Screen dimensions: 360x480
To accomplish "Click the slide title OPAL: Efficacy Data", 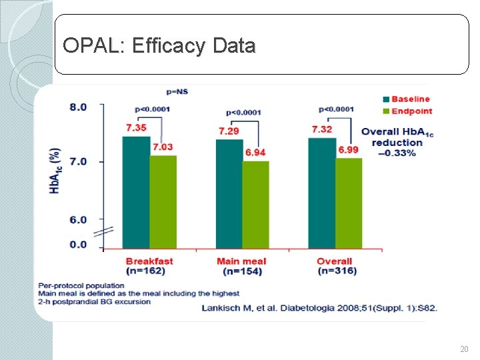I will tap(159, 46).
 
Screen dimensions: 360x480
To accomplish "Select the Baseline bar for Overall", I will tap(322, 193).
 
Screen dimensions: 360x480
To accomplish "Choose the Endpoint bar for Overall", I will tap(348, 203).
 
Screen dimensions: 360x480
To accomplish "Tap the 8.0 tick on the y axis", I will tap(78, 107).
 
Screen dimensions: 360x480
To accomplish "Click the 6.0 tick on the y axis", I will tap(78, 219).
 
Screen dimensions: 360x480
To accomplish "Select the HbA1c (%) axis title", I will tap(55, 171).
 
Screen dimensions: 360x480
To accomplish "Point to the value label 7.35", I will tap(136, 127).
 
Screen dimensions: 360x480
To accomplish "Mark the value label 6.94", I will tap(255, 153).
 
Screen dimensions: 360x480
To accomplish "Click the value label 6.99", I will tap(348, 150).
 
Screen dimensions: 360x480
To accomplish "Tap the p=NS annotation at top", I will tap(177, 91).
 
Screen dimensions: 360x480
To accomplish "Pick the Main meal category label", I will tap(241, 261).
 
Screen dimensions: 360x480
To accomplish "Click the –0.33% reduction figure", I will tap(397, 153).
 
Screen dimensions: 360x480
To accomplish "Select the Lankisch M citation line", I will tap(319, 308).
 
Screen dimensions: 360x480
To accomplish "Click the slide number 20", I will tap(464, 349).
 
